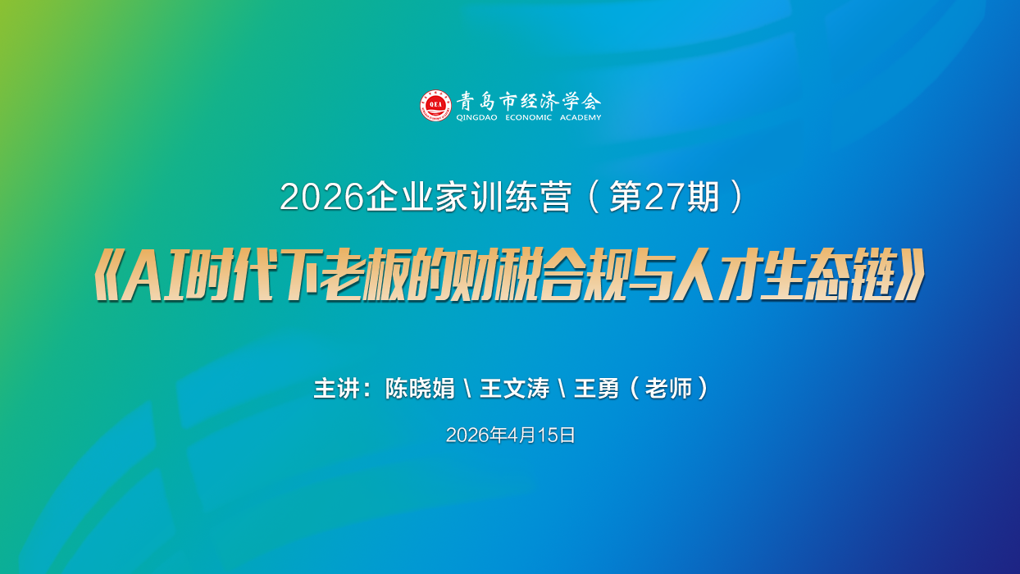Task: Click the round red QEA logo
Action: [x=435, y=105]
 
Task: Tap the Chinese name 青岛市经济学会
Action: [x=529, y=101]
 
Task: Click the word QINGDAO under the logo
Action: [x=476, y=117]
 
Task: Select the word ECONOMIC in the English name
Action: [x=529, y=117]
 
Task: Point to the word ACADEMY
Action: [x=580, y=117]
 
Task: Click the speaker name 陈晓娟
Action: [x=420, y=389]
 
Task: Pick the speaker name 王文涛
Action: [x=514, y=389]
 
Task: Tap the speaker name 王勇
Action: [x=596, y=389]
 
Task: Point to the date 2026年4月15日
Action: [x=510, y=435]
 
